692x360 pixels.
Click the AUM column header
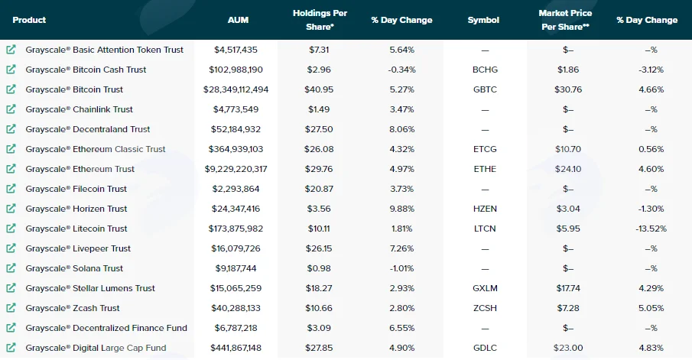(238, 20)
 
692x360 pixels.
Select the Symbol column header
(483, 20)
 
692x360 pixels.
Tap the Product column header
(29, 20)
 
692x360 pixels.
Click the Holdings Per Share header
(320, 20)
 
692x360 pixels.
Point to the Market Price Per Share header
(565, 20)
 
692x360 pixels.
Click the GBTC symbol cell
(485, 89)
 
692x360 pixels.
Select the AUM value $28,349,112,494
(236, 89)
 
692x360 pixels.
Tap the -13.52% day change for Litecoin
(651, 229)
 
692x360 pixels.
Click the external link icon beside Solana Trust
(11, 268)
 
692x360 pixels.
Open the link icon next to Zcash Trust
(11, 307)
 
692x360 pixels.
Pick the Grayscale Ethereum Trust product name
(80, 169)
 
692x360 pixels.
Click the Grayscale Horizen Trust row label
(76, 209)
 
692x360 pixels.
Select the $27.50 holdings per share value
(319, 129)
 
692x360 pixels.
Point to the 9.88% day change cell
(402, 209)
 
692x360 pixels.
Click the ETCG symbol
(485, 149)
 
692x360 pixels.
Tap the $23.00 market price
(568, 348)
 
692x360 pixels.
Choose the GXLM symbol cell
(485, 288)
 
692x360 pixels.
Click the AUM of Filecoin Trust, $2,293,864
(236, 189)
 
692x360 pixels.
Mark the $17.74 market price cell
(568, 288)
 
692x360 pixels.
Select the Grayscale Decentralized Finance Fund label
(106, 328)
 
